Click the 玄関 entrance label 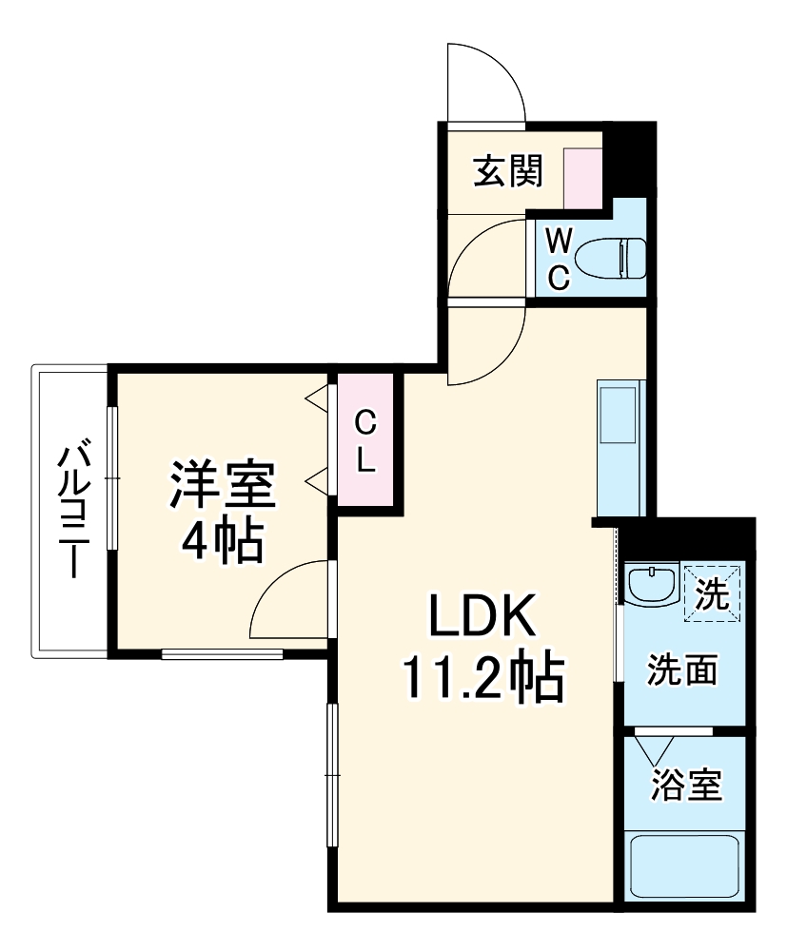pyautogui.click(x=508, y=171)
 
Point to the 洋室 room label pyautogui.click(x=223, y=486)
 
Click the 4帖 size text pyautogui.click(x=223, y=540)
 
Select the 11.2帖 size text pyautogui.click(x=483, y=677)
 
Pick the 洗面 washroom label pyautogui.click(x=682, y=670)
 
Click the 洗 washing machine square pyautogui.click(x=713, y=593)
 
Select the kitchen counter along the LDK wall pyautogui.click(x=621, y=447)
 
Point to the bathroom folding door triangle pyautogui.click(x=657, y=749)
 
